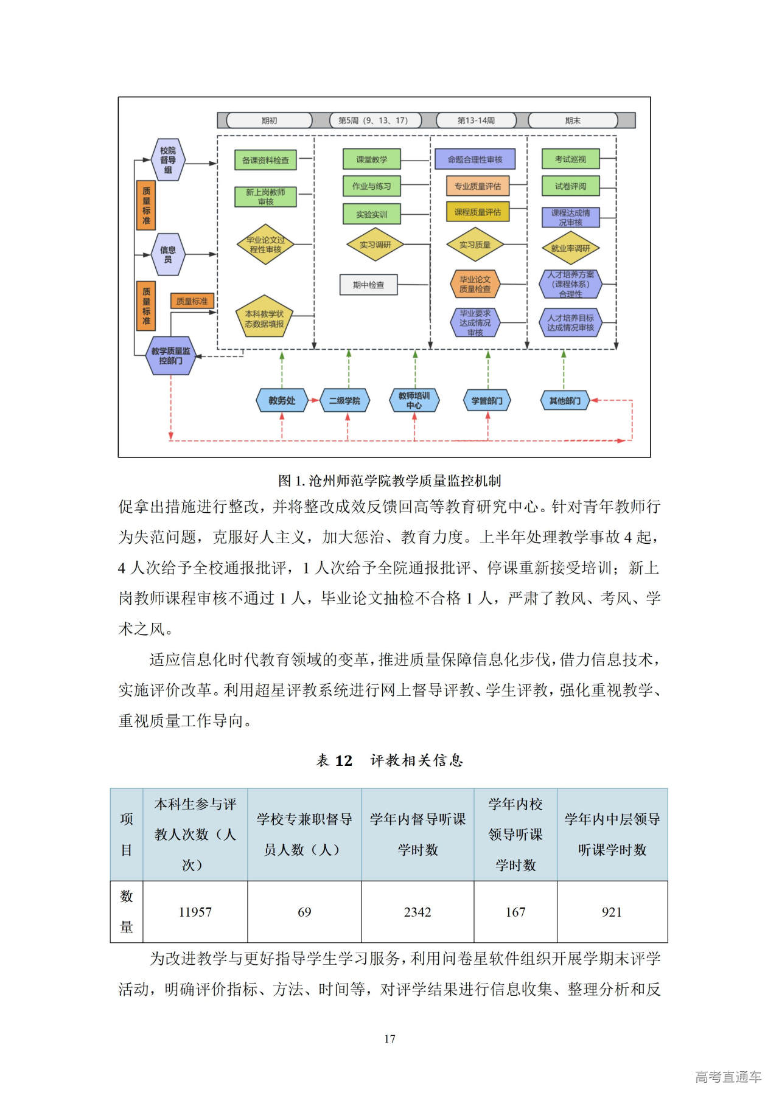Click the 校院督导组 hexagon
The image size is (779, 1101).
tap(168, 160)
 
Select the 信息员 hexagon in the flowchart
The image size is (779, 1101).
tap(168, 254)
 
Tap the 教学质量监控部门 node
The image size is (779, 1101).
tap(170, 356)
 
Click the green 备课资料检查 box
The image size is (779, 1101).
tap(265, 160)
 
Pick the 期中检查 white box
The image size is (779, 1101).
tap(368, 285)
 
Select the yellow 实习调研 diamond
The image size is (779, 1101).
tap(375, 245)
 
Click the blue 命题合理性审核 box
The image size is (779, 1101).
tap(475, 159)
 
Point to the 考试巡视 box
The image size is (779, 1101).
tap(570, 159)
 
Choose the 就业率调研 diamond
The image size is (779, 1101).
tap(570, 248)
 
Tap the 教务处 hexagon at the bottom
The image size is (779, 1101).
tap(282, 400)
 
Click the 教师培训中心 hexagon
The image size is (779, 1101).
tap(414, 400)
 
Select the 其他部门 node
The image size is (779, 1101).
tap(565, 400)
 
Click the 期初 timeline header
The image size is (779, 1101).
tap(269, 120)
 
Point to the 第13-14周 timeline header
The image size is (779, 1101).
tap(476, 120)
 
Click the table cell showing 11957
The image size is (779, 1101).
tap(195, 912)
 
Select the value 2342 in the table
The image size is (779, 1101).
tap(417, 912)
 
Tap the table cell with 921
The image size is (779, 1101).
tap(612, 912)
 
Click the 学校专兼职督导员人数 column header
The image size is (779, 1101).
tap(304, 835)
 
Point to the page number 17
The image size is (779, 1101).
tap(389, 1038)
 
